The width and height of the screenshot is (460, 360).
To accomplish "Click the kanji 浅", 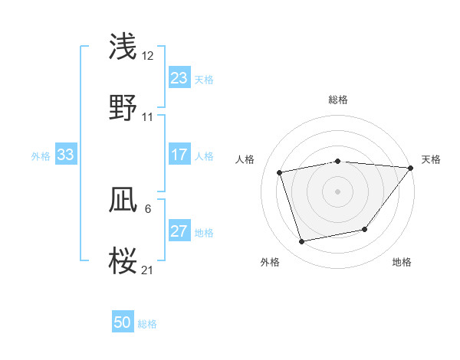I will [x=123, y=46].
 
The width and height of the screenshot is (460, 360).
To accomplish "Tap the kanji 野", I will [x=123, y=107].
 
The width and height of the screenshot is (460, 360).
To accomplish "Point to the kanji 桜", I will [x=123, y=260].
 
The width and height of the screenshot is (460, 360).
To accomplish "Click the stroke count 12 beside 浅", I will [x=147, y=55].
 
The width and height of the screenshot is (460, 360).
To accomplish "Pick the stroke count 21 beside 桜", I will [x=147, y=270].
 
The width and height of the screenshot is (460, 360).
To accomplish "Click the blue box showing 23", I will [x=179, y=78].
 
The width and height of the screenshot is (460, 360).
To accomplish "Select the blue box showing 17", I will [x=179, y=155].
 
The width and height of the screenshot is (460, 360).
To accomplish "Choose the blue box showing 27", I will [x=179, y=231].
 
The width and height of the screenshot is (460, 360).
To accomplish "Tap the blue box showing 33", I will [x=65, y=155].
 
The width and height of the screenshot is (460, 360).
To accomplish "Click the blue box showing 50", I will [x=123, y=322].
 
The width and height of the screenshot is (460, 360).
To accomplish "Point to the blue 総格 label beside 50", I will [x=147, y=324].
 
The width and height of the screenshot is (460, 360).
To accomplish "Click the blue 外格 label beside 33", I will [x=41, y=156].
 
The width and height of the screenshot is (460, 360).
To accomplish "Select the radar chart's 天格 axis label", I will [x=431, y=159].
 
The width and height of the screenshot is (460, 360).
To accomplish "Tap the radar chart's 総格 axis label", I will [x=337, y=100].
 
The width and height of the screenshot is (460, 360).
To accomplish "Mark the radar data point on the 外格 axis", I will [x=302, y=241].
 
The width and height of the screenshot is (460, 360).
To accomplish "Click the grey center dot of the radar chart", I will [x=337, y=191].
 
